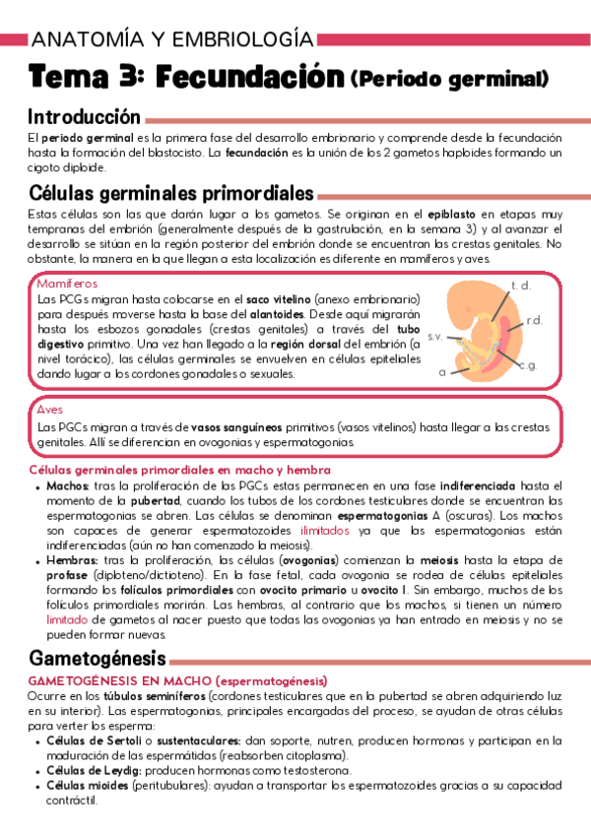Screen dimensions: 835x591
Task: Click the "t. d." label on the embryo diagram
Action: pyautogui.click(x=520, y=286)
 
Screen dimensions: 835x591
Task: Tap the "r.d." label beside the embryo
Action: pyautogui.click(x=535, y=320)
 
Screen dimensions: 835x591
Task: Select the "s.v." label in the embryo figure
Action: pyautogui.click(x=434, y=337)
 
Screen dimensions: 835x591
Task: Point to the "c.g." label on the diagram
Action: pyautogui.click(x=527, y=365)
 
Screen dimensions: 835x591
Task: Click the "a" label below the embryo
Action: pyautogui.click(x=442, y=372)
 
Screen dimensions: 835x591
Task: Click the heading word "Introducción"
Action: pyautogui.click(x=85, y=116)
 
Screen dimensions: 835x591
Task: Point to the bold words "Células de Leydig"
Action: pyautogui.click(x=95, y=770)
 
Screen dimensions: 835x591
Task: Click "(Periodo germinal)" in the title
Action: pyautogui.click(x=449, y=78)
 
